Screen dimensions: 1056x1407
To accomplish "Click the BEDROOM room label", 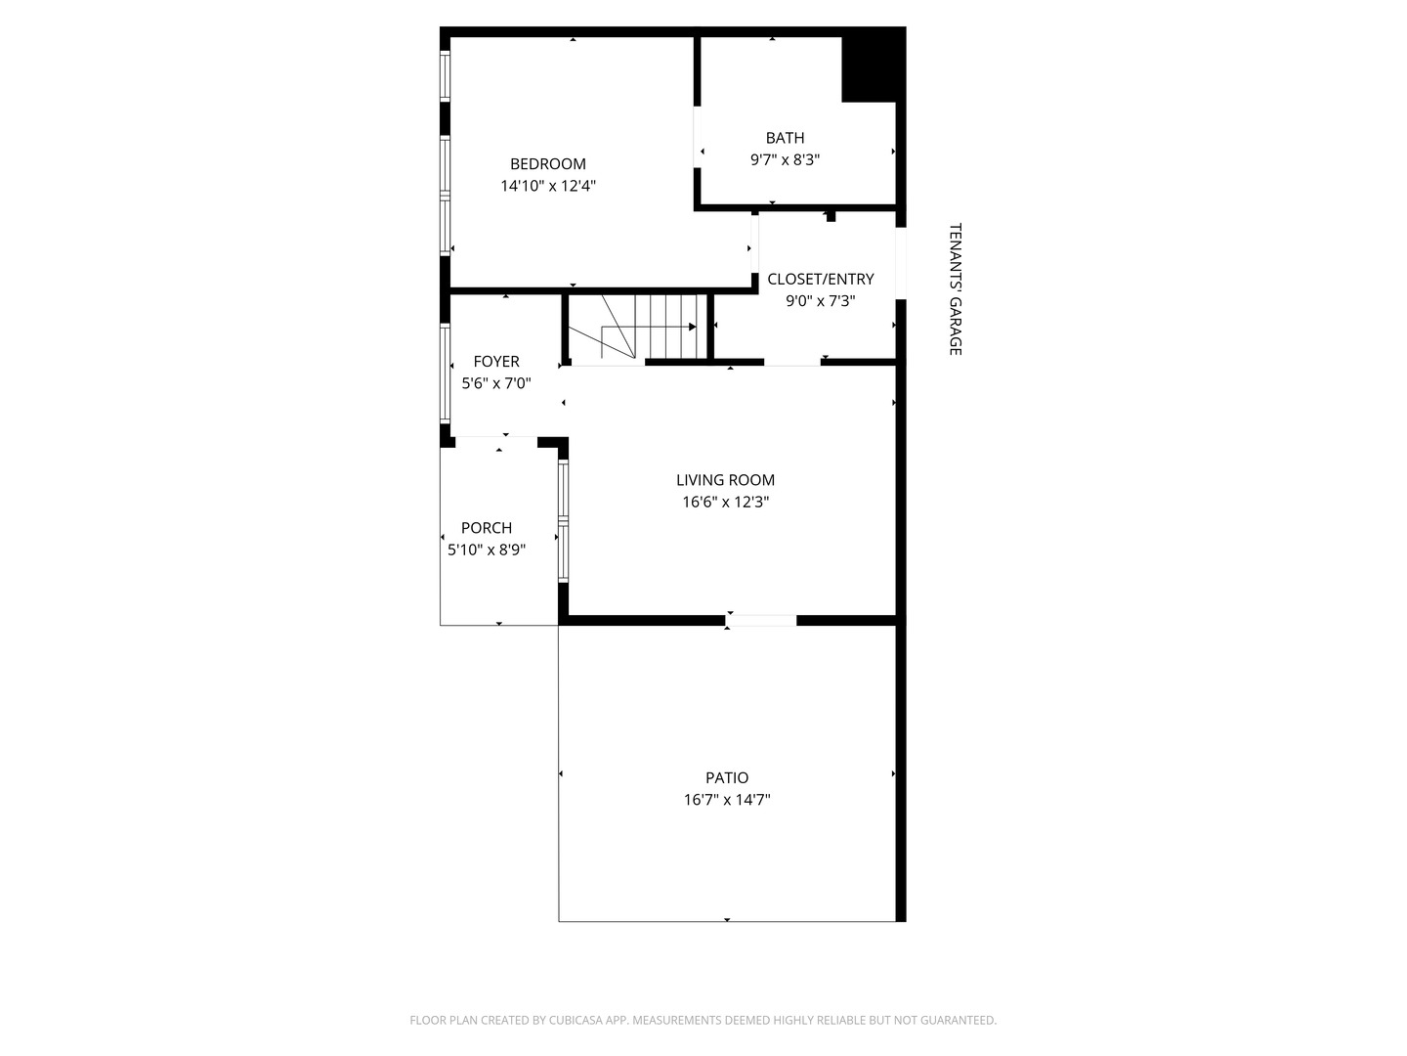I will coord(548,164).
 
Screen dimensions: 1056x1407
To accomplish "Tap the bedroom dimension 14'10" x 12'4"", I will coord(548,186).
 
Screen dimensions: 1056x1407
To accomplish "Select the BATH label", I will coord(785,138).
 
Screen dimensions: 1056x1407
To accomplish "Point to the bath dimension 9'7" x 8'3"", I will coord(785,159).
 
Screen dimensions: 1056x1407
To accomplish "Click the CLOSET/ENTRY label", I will coord(821,280).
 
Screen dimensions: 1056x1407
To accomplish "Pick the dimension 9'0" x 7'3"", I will coord(821,301).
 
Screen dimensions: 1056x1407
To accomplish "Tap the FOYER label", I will coord(496,362).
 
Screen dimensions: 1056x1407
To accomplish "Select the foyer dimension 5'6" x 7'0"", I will coord(496,383).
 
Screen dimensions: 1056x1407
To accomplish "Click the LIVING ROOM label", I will coord(726,480).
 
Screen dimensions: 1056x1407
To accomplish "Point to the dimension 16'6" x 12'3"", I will coord(726,503).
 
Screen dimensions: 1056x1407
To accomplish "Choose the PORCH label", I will coord(487,528).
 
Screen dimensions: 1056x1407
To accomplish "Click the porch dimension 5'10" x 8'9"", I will coord(487,550).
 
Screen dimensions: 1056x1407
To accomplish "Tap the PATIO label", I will coord(727,778).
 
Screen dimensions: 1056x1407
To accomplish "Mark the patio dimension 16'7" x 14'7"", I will coord(727,800).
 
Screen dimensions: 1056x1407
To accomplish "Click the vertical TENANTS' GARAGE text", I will coord(956,289).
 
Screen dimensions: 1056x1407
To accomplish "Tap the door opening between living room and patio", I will coord(761,620).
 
